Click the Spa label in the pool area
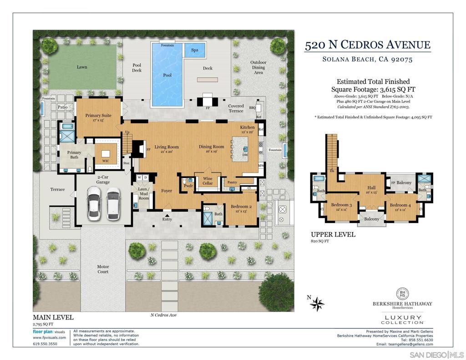(x=194, y=50)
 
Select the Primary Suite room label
(x=98, y=116)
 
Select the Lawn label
(x=82, y=67)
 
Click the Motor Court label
(x=103, y=269)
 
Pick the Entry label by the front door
(x=167, y=219)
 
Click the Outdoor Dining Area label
(x=258, y=67)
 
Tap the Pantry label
(x=232, y=183)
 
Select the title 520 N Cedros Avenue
(x=367, y=45)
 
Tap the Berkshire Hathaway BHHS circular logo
(x=402, y=294)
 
